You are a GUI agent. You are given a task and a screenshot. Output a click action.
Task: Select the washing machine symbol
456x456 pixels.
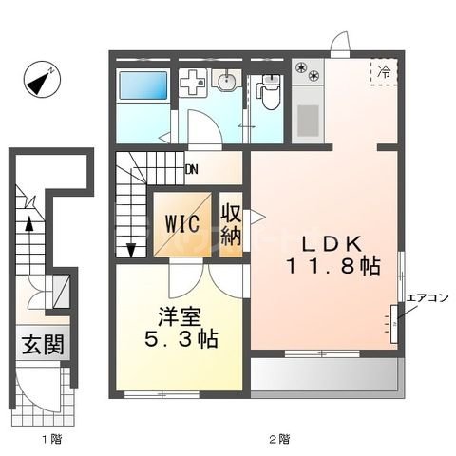(x=193, y=85)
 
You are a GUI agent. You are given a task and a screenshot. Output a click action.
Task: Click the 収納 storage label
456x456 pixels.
(x=231, y=224)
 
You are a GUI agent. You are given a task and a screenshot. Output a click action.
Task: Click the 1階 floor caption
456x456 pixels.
(x=50, y=439)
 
